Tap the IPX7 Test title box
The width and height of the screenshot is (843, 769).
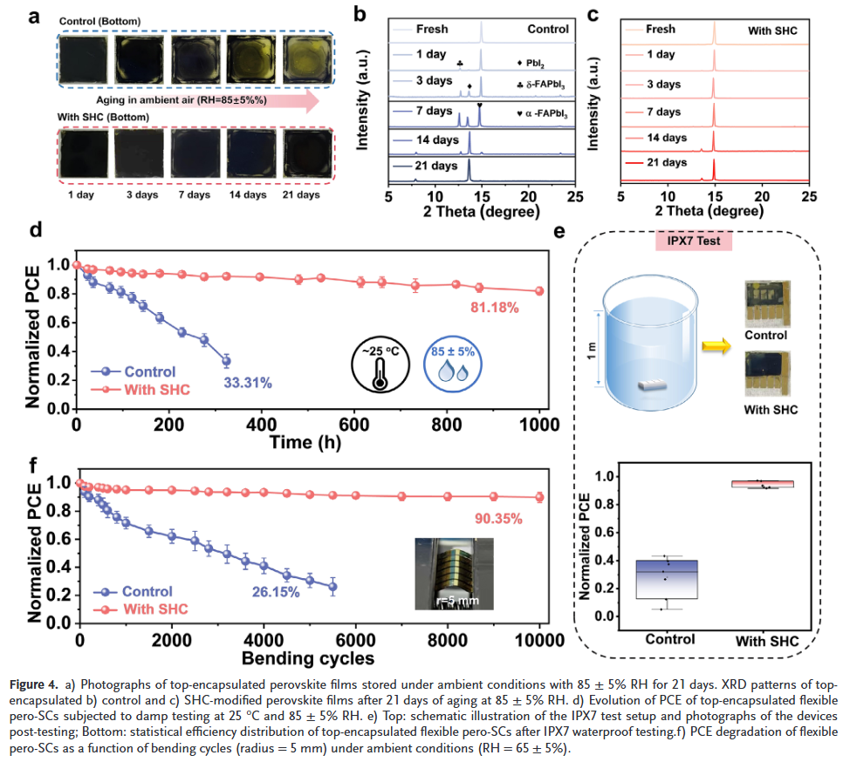click(x=694, y=241)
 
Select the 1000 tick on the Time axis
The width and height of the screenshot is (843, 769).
click(x=540, y=425)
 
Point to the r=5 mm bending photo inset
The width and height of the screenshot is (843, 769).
click(x=450, y=572)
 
